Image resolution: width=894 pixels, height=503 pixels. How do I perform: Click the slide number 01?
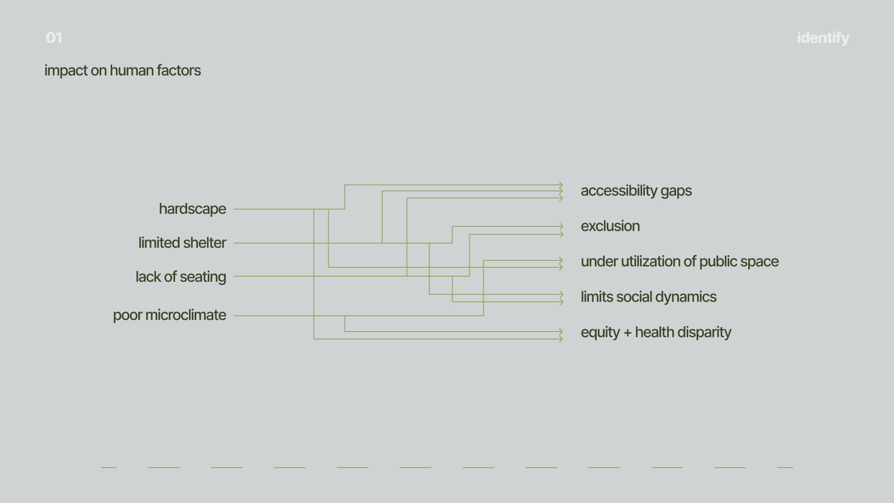[54, 38]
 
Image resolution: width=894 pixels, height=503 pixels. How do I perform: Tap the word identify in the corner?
[823, 38]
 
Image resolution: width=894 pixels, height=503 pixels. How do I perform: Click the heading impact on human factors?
[122, 70]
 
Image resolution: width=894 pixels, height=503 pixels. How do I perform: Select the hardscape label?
[192, 209]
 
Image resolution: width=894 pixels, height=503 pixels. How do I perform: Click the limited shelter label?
[182, 243]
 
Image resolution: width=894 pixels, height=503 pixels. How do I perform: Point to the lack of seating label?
[181, 277]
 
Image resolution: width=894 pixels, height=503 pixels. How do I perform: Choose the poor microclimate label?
[169, 315]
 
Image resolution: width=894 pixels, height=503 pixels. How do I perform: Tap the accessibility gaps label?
[636, 190]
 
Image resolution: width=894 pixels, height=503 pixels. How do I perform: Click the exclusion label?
[610, 226]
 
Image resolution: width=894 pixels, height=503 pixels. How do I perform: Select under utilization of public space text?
[679, 261]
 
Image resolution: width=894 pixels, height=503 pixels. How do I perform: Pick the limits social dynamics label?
[648, 297]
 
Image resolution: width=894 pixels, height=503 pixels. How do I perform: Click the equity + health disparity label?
[656, 332]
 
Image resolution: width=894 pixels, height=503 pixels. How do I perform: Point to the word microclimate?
[186, 315]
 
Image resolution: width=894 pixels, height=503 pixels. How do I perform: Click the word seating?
[203, 277]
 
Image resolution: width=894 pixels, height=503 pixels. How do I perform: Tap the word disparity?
[707, 333]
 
